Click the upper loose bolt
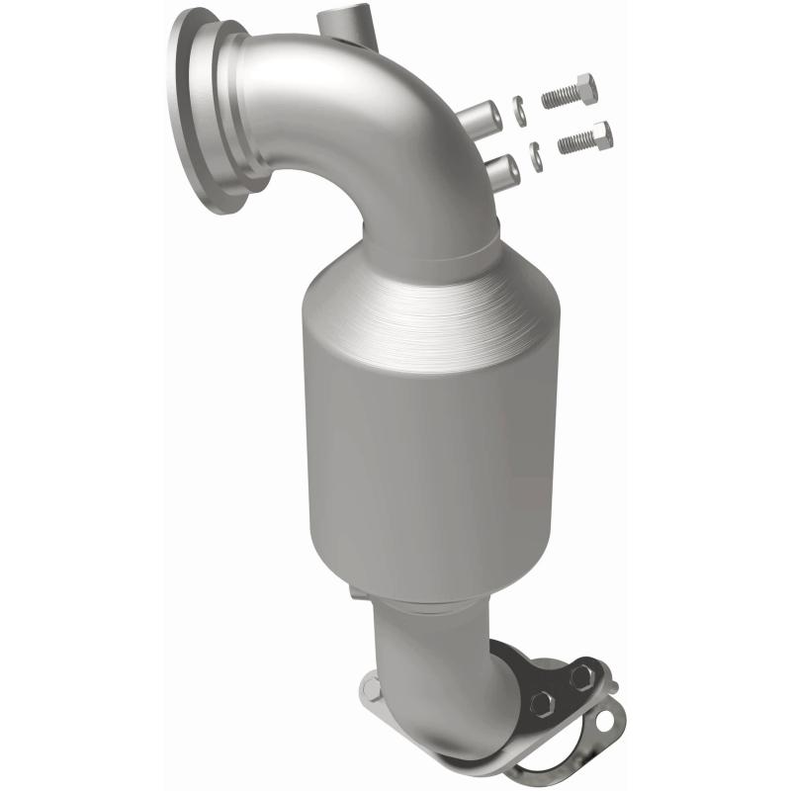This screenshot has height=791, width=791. [x=570, y=94]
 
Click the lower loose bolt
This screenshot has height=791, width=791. [x=585, y=138]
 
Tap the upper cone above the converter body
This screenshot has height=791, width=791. [x=430, y=287]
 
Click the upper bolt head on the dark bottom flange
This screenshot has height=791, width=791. [x=582, y=675]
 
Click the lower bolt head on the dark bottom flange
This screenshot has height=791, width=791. [x=541, y=705]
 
